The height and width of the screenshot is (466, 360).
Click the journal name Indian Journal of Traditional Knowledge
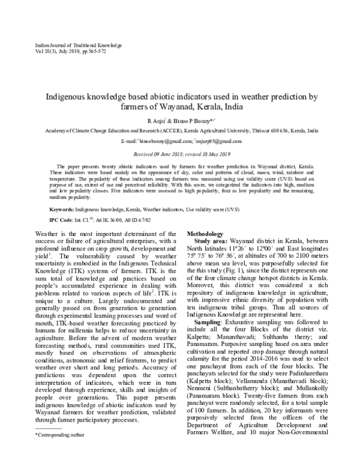point(70,46)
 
